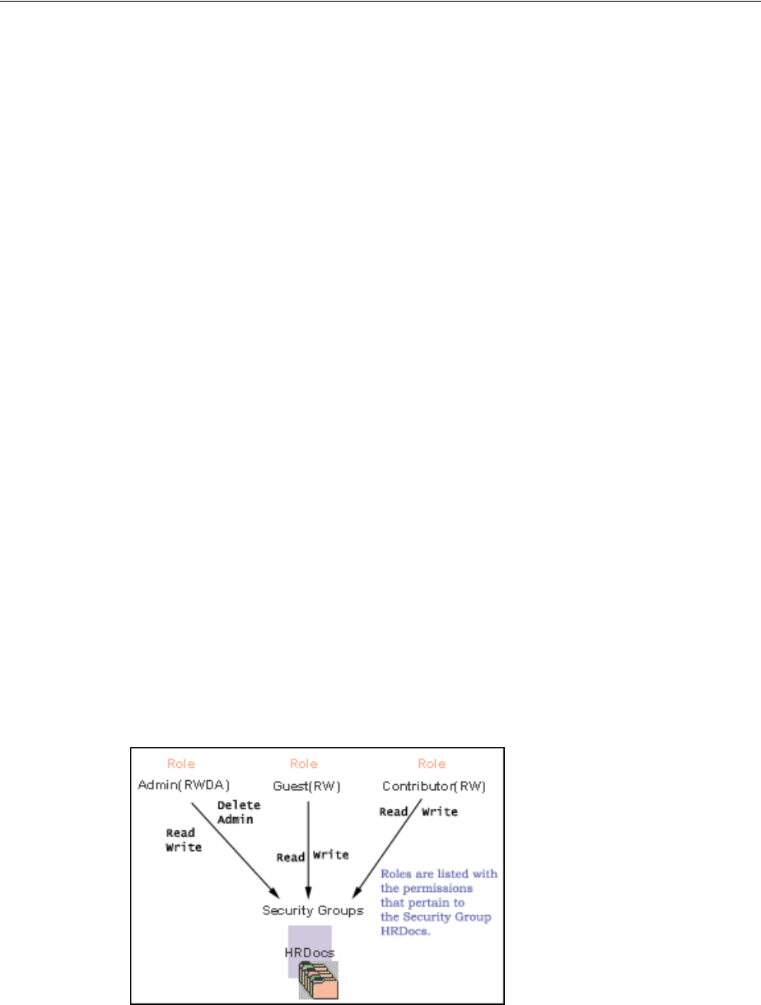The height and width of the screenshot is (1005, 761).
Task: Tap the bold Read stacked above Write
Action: (180, 833)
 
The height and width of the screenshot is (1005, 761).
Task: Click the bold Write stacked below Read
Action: (184, 847)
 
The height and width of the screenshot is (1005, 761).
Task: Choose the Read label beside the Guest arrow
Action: (291, 857)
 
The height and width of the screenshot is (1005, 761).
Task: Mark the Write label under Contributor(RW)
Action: (440, 811)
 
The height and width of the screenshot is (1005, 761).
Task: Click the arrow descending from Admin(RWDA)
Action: (235, 848)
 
